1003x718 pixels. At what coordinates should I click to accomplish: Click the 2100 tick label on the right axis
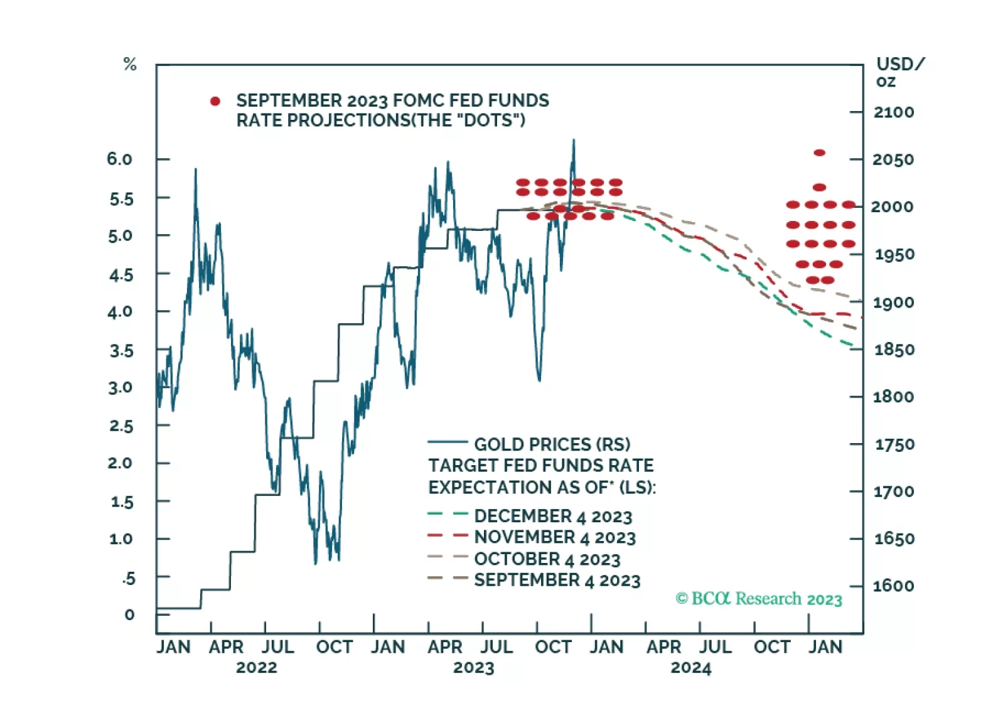click(x=893, y=112)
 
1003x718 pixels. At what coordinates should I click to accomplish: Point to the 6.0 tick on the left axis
click(x=119, y=159)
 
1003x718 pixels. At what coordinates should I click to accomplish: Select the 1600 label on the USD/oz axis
click(x=893, y=586)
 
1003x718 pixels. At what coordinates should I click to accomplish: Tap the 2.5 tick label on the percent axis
click(x=121, y=426)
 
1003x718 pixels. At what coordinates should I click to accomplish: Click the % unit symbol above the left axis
click(x=130, y=64)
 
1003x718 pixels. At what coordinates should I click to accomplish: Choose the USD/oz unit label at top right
click(x=899, y=72)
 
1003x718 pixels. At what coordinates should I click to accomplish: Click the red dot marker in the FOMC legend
click(x=215, y=101)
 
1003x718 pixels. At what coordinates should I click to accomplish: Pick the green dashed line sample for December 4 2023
click(x=448, y=515)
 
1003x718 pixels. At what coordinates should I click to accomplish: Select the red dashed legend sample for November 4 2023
click(x=448, y=536)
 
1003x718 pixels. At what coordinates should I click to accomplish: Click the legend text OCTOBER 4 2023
click(x=547, y=559)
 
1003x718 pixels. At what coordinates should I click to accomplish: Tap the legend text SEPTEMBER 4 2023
click(x=557, y=581)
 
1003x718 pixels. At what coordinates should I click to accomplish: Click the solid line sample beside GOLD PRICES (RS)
click(x=448, y=442)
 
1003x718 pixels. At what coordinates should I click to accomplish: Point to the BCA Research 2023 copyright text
click(x=759, y=599)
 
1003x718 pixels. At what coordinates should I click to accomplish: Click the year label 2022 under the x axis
click(x=256, y=668)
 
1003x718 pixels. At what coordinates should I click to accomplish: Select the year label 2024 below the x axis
click(x=690, y=668)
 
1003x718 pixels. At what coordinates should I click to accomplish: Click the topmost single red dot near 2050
click(x=819, y=153)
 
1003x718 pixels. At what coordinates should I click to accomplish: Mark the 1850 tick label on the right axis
click(x=894, y=350)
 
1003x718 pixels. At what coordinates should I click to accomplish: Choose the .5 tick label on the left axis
click(x=129, y=578)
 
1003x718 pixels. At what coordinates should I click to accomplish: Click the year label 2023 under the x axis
click(x=473, y=668)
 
